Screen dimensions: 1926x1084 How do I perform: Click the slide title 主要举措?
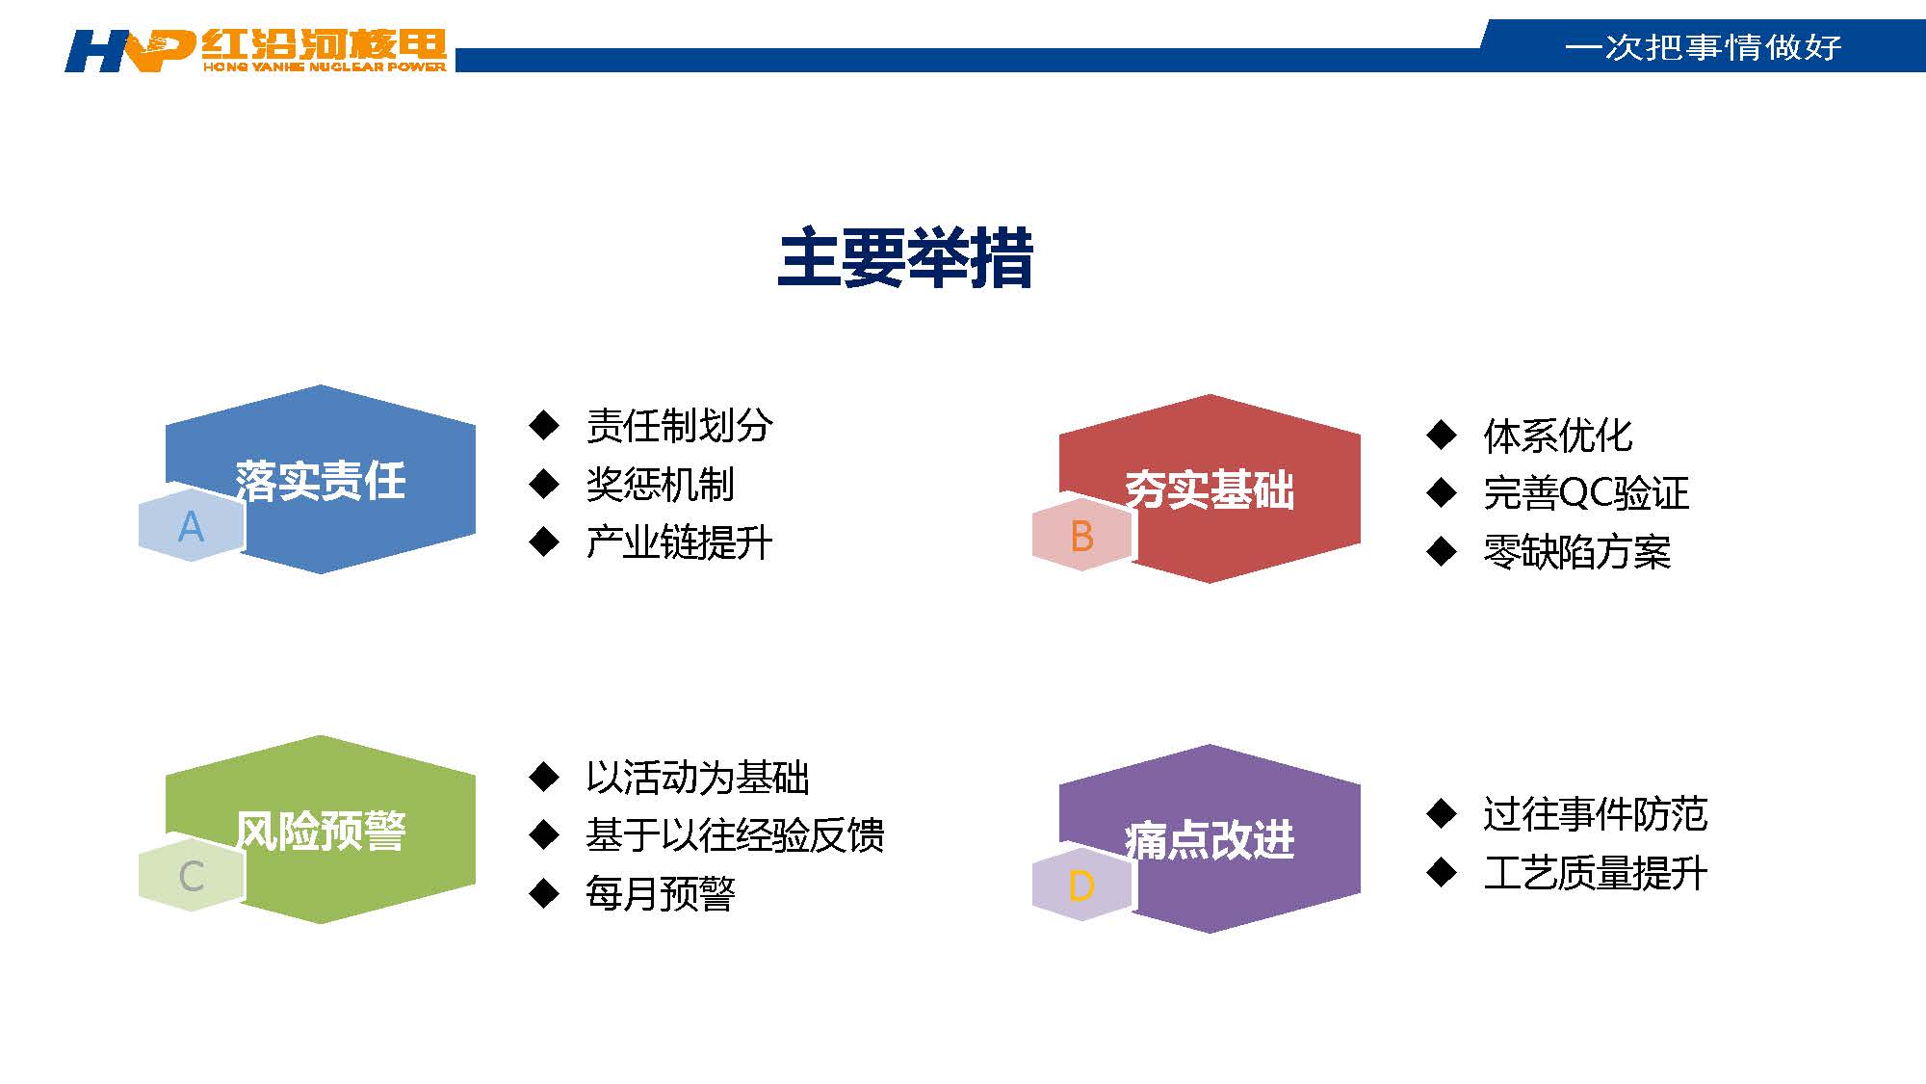click(x=905, y=258)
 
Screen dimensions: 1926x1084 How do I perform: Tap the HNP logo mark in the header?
click(x=130, y=51)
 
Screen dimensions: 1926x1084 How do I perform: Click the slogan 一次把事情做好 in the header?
click(x=1704, y=47)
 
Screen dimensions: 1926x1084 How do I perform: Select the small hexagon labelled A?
click(x=192, y=526)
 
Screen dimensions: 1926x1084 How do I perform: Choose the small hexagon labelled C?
click(x=192, y=876)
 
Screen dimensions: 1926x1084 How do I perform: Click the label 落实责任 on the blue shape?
click(x=321, y=480)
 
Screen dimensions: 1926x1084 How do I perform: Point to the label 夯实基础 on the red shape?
click(x=1210, y=489)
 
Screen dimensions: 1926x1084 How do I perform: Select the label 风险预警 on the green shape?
click(x=321, y=831)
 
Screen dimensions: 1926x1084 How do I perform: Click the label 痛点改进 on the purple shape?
click(x=1210, y=839)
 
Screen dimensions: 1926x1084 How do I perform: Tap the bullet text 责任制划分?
click(x=679, y=426)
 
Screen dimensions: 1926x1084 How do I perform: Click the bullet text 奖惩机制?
click(x=661, y=485)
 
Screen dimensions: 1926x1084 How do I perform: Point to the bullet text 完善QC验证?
click(x=1586, y=493)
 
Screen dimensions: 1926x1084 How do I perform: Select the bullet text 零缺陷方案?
click(x=1576, y=552)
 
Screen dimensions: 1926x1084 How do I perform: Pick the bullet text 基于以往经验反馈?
click(x=735, y=835)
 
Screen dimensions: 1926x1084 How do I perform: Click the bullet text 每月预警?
click(x=661, y=894)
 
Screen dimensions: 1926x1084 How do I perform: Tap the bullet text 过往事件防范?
click(x=1595, y=814)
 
